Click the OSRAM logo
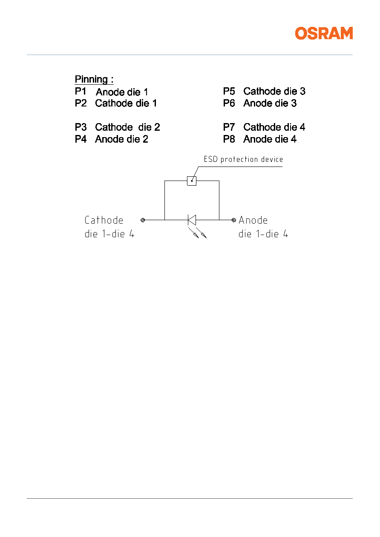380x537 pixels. (x=324, y=33)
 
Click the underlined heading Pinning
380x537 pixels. (x=94, y=79)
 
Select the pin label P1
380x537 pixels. (x=81, y=91)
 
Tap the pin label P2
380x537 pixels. (x=81, y=103)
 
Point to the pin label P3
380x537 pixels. (x=81, y=127)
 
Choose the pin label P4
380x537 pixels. (x=81, y=139)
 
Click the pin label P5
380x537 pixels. (x=229, y=91)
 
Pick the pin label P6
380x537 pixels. (x=229, y=103)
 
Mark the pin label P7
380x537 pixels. (x=229, y=127)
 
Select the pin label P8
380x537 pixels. (x=229, y=139)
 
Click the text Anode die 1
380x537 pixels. (x=122, y=92)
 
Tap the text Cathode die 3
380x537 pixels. (x=274, y=91)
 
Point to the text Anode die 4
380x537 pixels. (x=270, y=139)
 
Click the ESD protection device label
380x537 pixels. (x=243, y=159)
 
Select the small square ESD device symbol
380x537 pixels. (x=192, y=181)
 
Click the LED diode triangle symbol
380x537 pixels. (x=192, y=220)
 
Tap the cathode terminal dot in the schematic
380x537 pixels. (x=143, y=220)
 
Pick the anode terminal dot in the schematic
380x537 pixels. (x=234, y=220)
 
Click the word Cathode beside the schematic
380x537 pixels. (x=104, y=220)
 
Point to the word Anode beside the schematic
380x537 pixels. (x=253, y=220)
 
